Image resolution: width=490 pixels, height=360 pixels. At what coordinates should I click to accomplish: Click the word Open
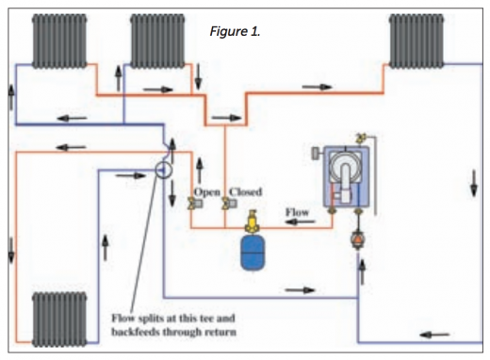[x=206, y=192]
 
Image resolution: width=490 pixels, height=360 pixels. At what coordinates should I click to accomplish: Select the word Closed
[x=245, y=192]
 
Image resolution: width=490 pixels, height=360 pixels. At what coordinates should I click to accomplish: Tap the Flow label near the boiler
[x=298, y=212]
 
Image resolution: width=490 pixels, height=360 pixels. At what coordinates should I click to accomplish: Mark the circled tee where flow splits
[x=161, y=171]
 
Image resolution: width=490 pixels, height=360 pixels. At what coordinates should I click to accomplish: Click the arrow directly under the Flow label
[x=297, y=226]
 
